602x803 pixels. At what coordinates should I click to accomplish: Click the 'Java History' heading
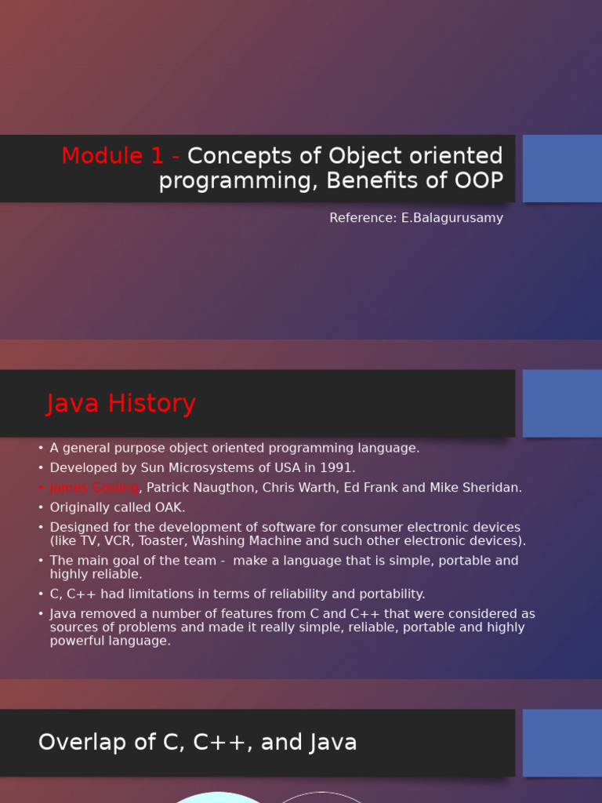pyautogui.click(x=121, y=404)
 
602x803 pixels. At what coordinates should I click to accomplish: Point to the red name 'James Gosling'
pyautogui.click(x=94, y=488)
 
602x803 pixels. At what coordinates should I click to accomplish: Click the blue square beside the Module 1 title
pyautogui.click(x=562, y=168)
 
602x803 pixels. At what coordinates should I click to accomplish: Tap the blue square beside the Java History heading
pyautogui.click(x=562, y=403)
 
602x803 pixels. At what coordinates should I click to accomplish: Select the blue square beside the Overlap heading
pyautogui.click(x=562, y=743)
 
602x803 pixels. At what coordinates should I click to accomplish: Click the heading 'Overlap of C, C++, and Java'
pyautogui.click(x=198, y=743)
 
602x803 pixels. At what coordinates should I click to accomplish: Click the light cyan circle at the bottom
pyautogui.click(x=219, y=798)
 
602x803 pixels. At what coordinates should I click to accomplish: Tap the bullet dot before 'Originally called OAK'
pyautogui.click(x=41, y=507)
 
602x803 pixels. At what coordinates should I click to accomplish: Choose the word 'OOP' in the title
pyautogui.click(x=477, y=180)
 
